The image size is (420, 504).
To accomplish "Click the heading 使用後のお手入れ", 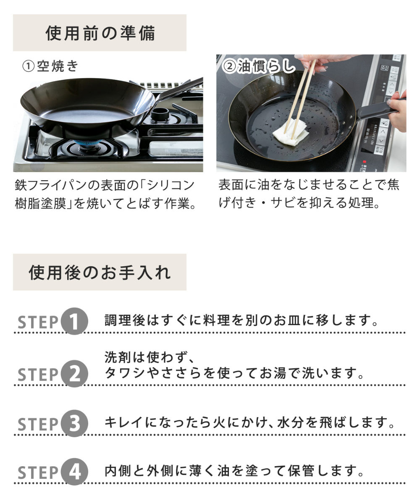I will [x=100, y=273].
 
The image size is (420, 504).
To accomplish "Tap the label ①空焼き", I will [x=50, y=66].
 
